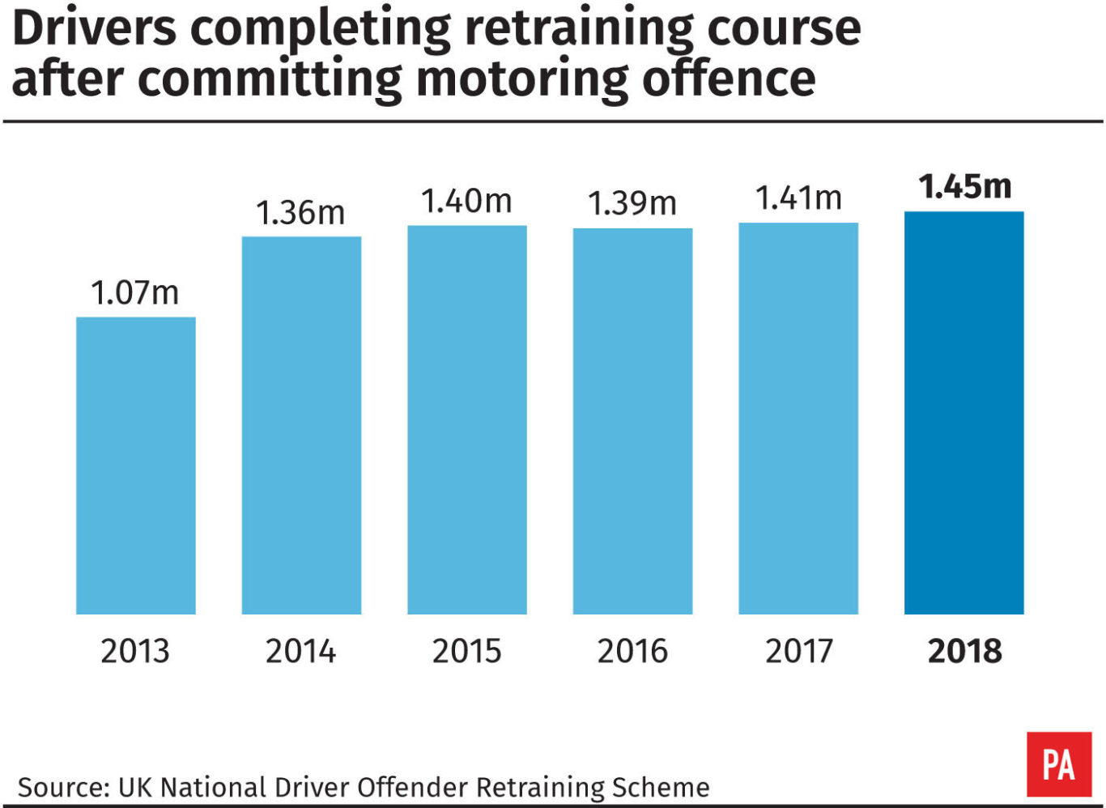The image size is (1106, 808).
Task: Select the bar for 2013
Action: [x=136, y=466]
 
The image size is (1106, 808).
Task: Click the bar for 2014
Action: [x=301, y=425]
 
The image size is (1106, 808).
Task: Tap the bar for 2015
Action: [x=467, y=419]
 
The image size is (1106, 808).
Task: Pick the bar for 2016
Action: [x=632, y=421]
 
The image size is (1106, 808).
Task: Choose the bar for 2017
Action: [x=798, y=418]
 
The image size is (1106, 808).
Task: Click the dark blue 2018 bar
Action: [x=963, y=413]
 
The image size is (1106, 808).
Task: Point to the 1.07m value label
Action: [x=135, y=292]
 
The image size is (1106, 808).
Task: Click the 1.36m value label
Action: [x=300, y=213]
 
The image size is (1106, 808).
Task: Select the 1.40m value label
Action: [x=466, y=202]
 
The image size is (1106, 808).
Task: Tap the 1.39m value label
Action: [x=632, y=203]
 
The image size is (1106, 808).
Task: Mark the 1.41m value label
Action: [x=798, y=198]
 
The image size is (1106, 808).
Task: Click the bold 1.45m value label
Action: [x=964, y=187]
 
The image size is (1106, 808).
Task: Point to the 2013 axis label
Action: [x=135, y=651]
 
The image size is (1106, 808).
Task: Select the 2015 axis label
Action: [x=467, y=651]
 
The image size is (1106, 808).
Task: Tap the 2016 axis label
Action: [x=632, y=651]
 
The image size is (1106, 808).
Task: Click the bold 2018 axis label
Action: [x=964, y=651]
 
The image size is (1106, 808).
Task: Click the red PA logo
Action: [x=1059, y=764]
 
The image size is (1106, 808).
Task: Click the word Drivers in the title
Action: [x=94, y=28]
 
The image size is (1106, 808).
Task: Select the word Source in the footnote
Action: [x=62, y=787]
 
